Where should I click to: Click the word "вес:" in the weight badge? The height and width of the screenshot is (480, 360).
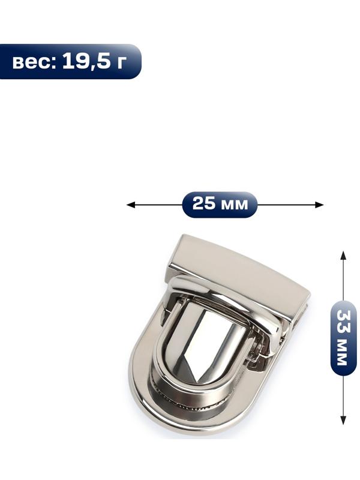point(34,62)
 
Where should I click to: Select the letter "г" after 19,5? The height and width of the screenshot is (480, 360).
point(121,62)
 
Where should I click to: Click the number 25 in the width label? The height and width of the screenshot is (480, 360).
point(204,203)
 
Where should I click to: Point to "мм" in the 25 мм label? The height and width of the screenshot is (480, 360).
point(234,205)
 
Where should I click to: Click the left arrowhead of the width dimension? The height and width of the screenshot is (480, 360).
point(130,205)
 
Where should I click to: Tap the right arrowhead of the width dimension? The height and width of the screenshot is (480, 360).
point(320,205)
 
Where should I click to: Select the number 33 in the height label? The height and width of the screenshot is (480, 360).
point(343,322)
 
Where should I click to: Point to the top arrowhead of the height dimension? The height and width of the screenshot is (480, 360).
point(343,256)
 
